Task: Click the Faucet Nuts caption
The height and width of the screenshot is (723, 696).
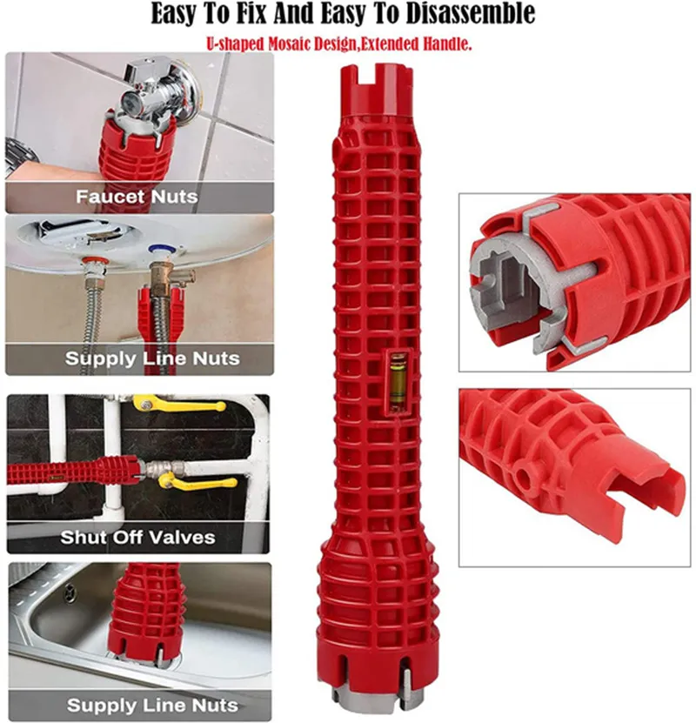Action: (136, 197)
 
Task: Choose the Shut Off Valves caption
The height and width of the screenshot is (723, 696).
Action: (137, 537)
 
